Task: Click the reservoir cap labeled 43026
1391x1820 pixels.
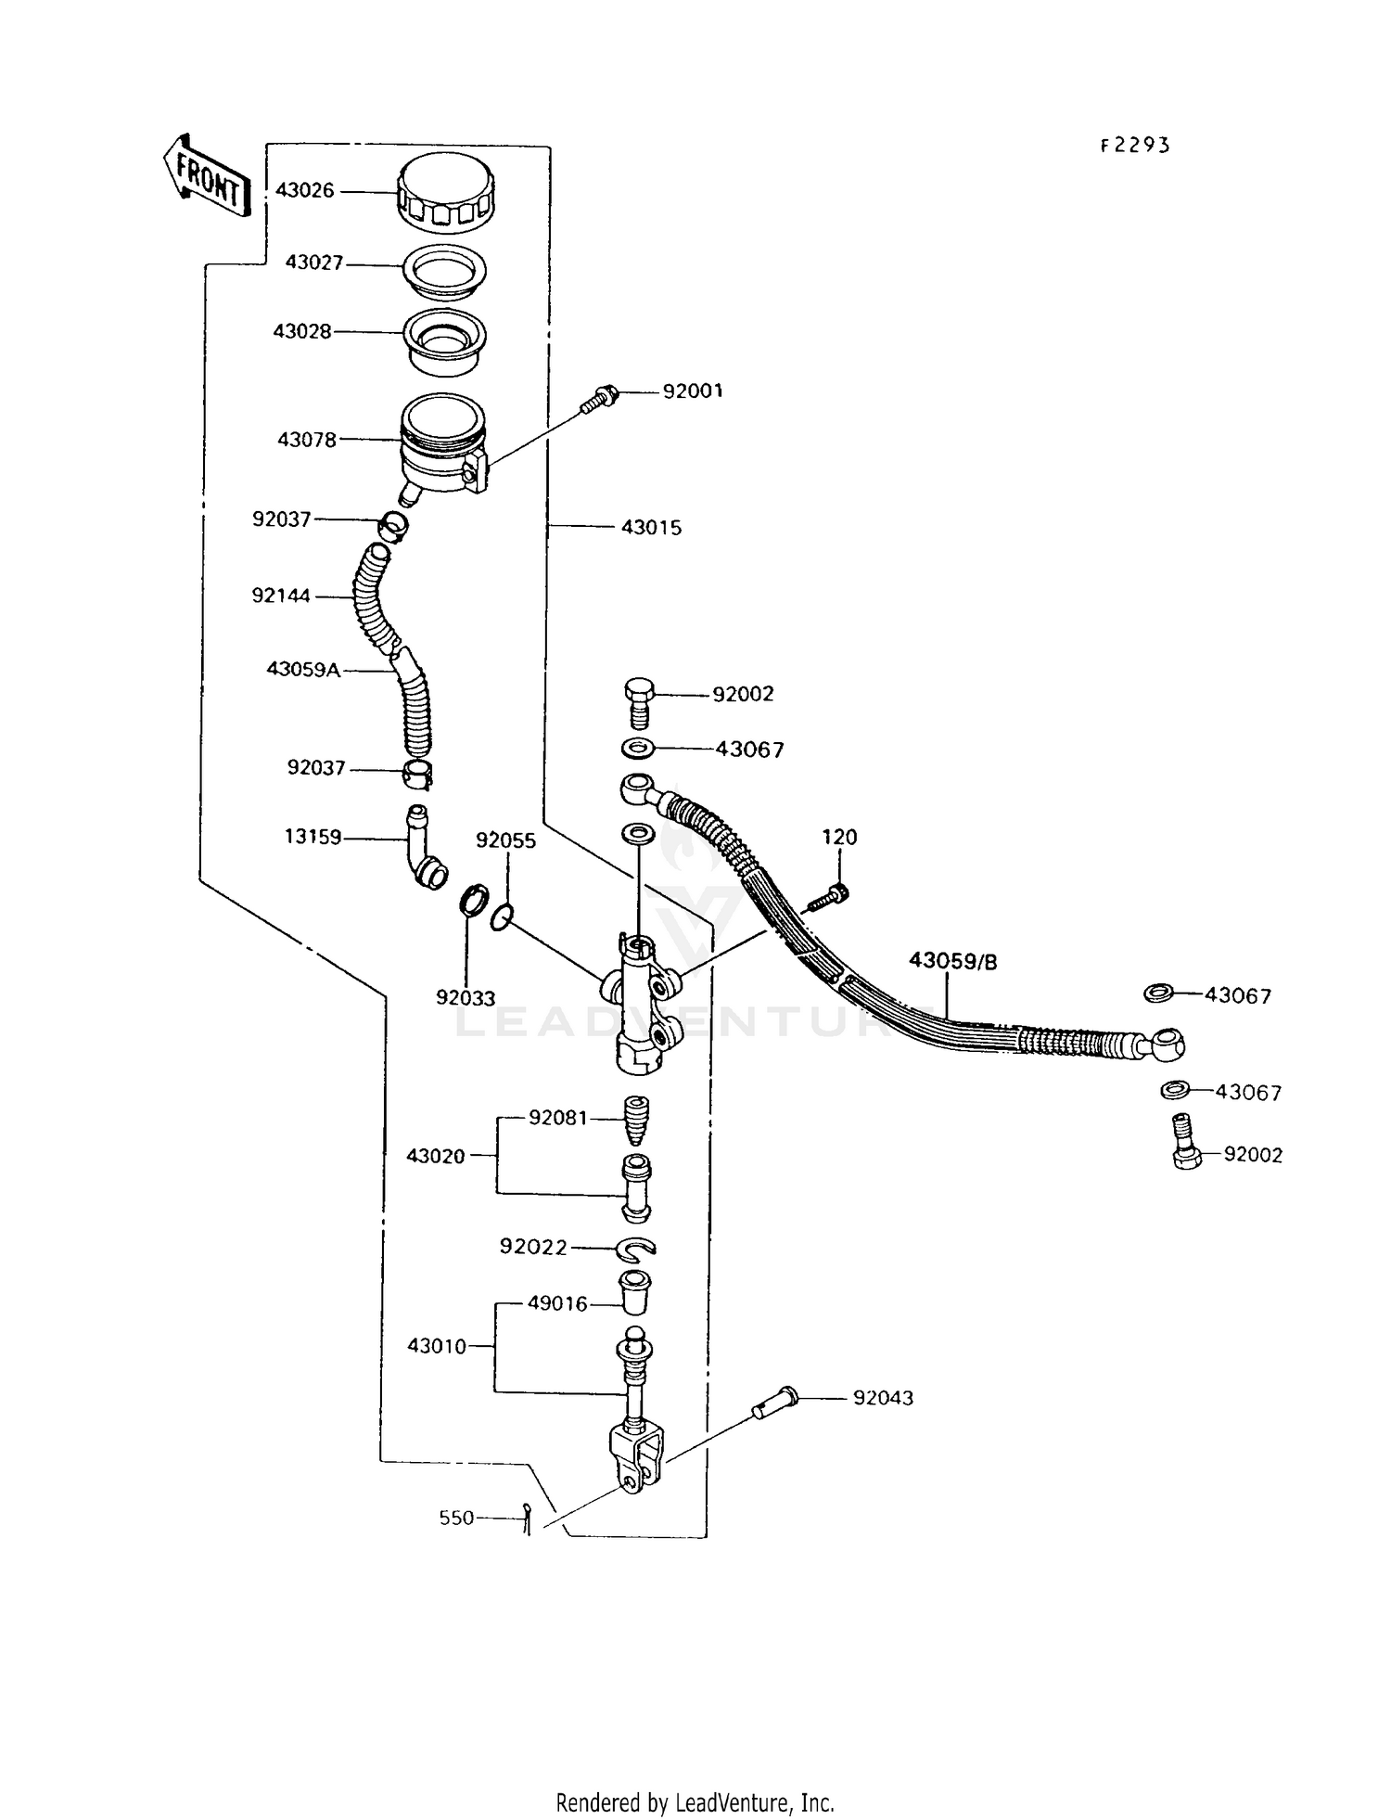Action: coord(446,193)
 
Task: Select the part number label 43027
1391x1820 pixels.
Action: coord(313,263)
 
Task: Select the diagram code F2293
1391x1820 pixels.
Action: coord(1135,145)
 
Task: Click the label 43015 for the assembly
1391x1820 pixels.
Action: coord(651,527)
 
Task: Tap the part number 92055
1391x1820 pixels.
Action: coord(505,840)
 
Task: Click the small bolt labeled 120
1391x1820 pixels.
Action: coord(829,897)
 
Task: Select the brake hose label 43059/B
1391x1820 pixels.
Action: coord(952,961)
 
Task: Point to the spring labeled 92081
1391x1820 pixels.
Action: coord(635,1121)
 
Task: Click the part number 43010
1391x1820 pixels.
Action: coord(436,1346)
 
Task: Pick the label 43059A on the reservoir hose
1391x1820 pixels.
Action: coord(302,669)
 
